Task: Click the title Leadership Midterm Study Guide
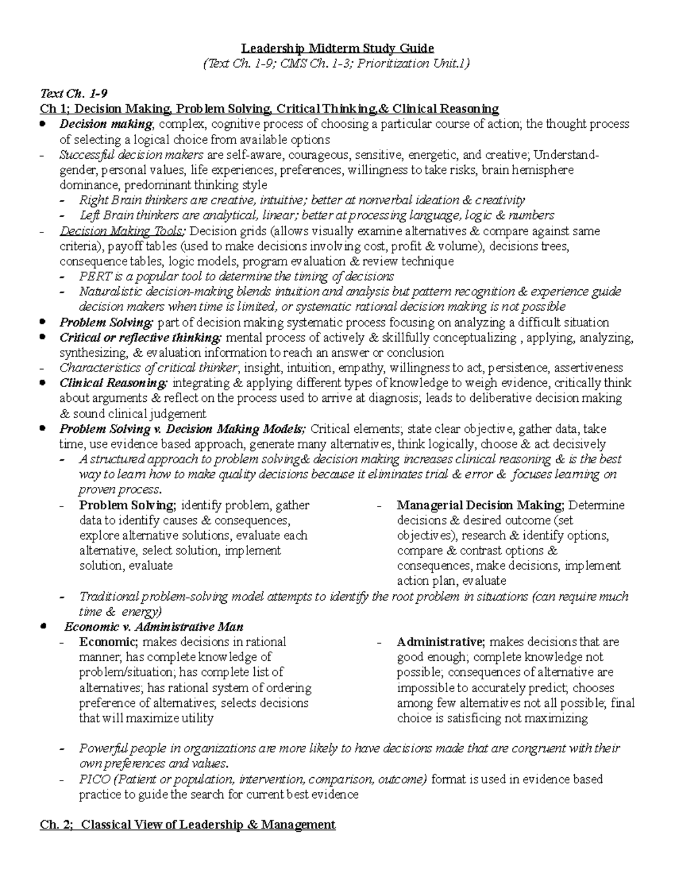pos(337,48)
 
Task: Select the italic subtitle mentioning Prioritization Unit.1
pos(337,63)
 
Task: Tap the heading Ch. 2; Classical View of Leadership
pos(187,824)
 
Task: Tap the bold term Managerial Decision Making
pos(480,505)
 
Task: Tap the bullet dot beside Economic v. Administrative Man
pos(44,626)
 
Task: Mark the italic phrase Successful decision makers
pos(132,155)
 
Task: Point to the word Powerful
pos(102,748)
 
